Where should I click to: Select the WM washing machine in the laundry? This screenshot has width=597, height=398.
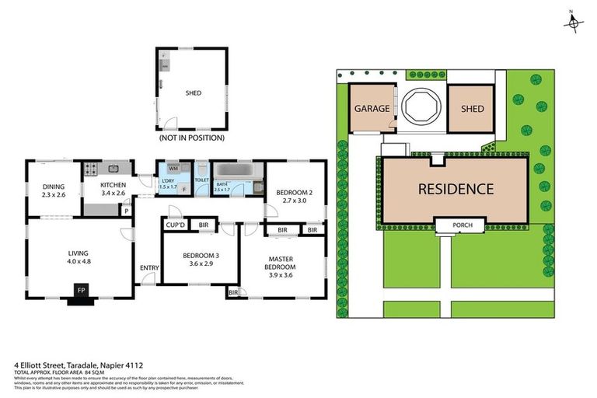(x=173, y=168)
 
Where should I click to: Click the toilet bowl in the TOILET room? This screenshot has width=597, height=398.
(x=201, y=169)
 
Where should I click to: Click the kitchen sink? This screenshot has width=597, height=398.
(x=113, y=168)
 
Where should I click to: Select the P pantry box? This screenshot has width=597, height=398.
(x=126, y=210)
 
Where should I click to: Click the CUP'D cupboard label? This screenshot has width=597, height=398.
(x=174, y=226)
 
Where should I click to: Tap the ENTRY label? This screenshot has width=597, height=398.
(x=148, y=268)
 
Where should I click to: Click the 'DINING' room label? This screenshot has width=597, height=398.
(x=54, y=187)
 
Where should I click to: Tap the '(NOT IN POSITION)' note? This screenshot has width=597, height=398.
(x=191, y=138)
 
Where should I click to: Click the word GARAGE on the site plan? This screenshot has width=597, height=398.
(x=372, y=109)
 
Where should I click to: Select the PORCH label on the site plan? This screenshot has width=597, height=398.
(x=452, y=225)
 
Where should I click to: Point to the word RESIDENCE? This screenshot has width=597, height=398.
(x=456, y=188)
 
